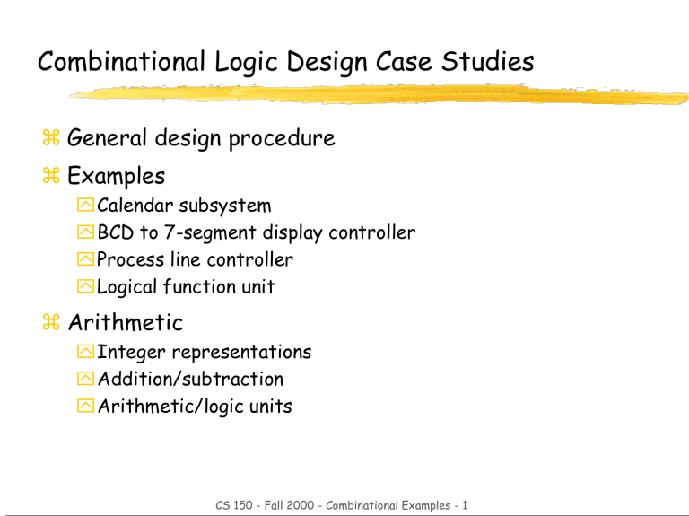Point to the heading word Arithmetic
click(x=126, y=321)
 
